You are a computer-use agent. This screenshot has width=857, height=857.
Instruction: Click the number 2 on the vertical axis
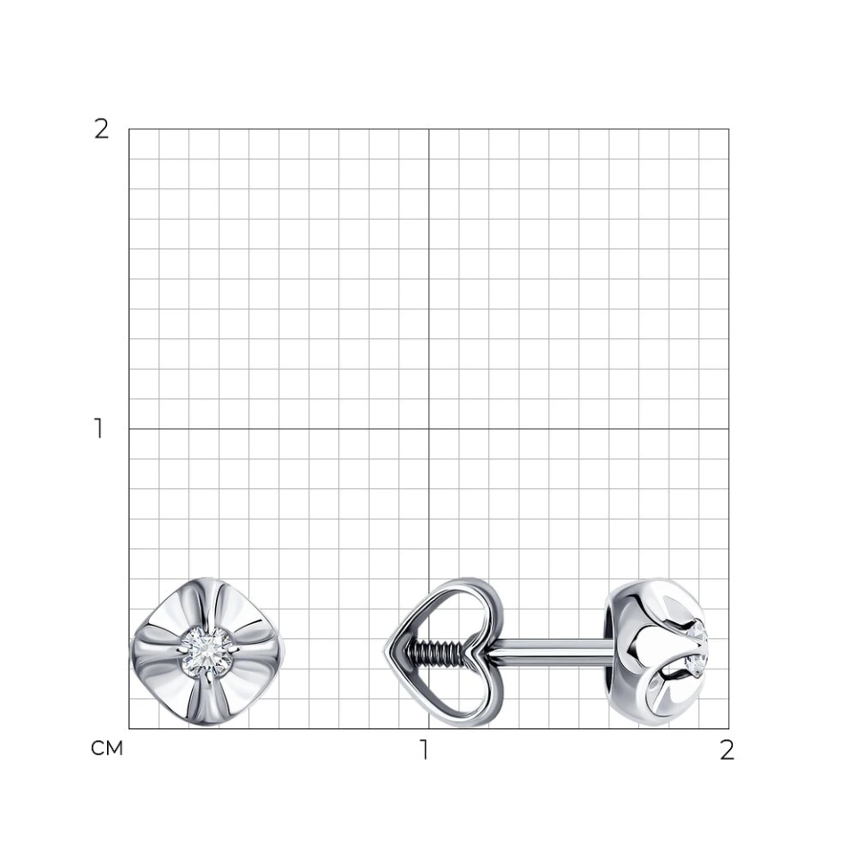[102, 129]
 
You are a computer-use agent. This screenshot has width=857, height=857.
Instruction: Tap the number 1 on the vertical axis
[99, 428]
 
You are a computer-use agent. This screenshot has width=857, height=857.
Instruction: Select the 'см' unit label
[107, 748]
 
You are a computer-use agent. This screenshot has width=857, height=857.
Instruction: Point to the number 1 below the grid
[424, 750]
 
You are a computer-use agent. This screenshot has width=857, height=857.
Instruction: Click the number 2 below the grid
[727, 751]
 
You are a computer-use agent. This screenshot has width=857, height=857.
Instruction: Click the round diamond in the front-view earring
[206, 652]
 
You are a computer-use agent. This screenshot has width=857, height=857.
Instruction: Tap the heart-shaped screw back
[442, 652]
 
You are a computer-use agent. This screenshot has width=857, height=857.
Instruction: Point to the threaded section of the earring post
[437, 652]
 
